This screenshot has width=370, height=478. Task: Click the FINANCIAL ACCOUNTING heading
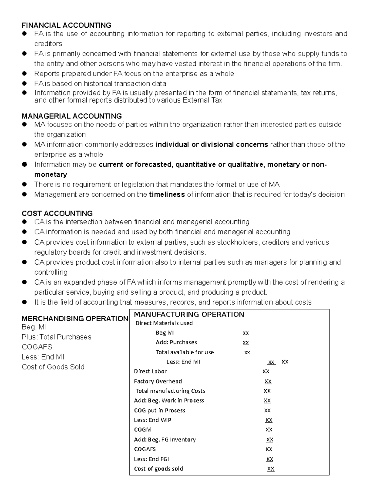tap(66, 25)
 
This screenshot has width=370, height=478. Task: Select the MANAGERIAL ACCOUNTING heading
tap(72, 116)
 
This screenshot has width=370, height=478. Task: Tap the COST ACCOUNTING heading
tap(57, 214)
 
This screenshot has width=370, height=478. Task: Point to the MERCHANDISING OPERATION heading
tap(75, 319)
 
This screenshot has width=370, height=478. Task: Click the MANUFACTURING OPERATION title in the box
tap(189, 315)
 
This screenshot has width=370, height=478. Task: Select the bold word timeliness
tap(167, 195)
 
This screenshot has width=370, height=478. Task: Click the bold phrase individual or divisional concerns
tap(212, 145)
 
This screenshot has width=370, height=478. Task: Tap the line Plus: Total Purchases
tap(56, 337)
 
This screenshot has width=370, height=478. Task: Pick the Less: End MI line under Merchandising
tap(43, 357)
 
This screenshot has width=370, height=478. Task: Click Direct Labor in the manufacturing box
tap(150, 372)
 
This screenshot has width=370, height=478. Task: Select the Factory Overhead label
tap(158, 381)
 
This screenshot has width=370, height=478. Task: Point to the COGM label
tap(142, 430)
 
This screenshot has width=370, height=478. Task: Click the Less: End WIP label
tap(153, 420)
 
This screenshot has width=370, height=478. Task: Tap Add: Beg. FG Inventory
tap(165, 440)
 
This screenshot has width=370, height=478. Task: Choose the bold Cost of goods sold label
tap(158, 469)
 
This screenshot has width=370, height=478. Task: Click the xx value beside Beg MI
tap(245, 333)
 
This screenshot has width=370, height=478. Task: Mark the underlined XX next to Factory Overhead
tap(268, 381)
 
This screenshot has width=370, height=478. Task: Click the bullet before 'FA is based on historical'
tap(25, 83)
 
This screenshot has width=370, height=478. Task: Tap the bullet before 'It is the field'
tap(25, 302)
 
